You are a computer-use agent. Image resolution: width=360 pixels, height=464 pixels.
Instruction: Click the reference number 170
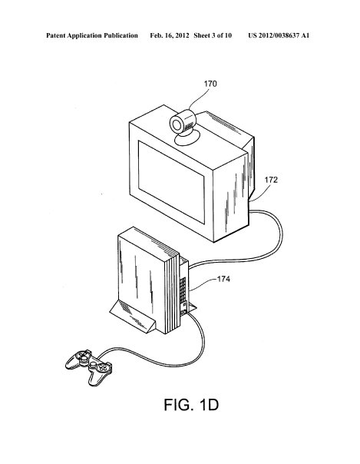click(x=210, y=84)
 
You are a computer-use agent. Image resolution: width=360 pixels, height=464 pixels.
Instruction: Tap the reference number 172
click(x=271, y=180)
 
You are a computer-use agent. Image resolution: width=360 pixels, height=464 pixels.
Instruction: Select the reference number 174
click(x=223, y=279)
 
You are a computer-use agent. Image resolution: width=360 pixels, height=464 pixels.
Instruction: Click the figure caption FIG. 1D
click(x=191, y=405)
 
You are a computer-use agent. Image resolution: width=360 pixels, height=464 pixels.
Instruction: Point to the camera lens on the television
click(x=177, y=125)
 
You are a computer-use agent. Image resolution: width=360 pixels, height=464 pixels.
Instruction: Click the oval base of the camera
click(x=187, y=138)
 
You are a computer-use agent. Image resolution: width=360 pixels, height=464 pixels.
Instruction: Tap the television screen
click(x=171, y=182)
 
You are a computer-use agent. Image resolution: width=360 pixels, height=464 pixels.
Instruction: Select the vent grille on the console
click(x=183, y=286)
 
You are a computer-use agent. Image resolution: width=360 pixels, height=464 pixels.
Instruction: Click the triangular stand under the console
click(x=133, y=318)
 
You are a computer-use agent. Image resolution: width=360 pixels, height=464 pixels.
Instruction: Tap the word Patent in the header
click(x=56, y=35)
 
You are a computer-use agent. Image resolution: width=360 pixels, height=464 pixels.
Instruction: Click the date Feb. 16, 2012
click(x=170, y=35)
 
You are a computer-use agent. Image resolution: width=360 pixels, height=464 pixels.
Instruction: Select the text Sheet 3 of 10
click(x=213, y=35)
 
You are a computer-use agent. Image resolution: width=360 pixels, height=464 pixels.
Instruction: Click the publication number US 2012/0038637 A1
click(x=279, y=35)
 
